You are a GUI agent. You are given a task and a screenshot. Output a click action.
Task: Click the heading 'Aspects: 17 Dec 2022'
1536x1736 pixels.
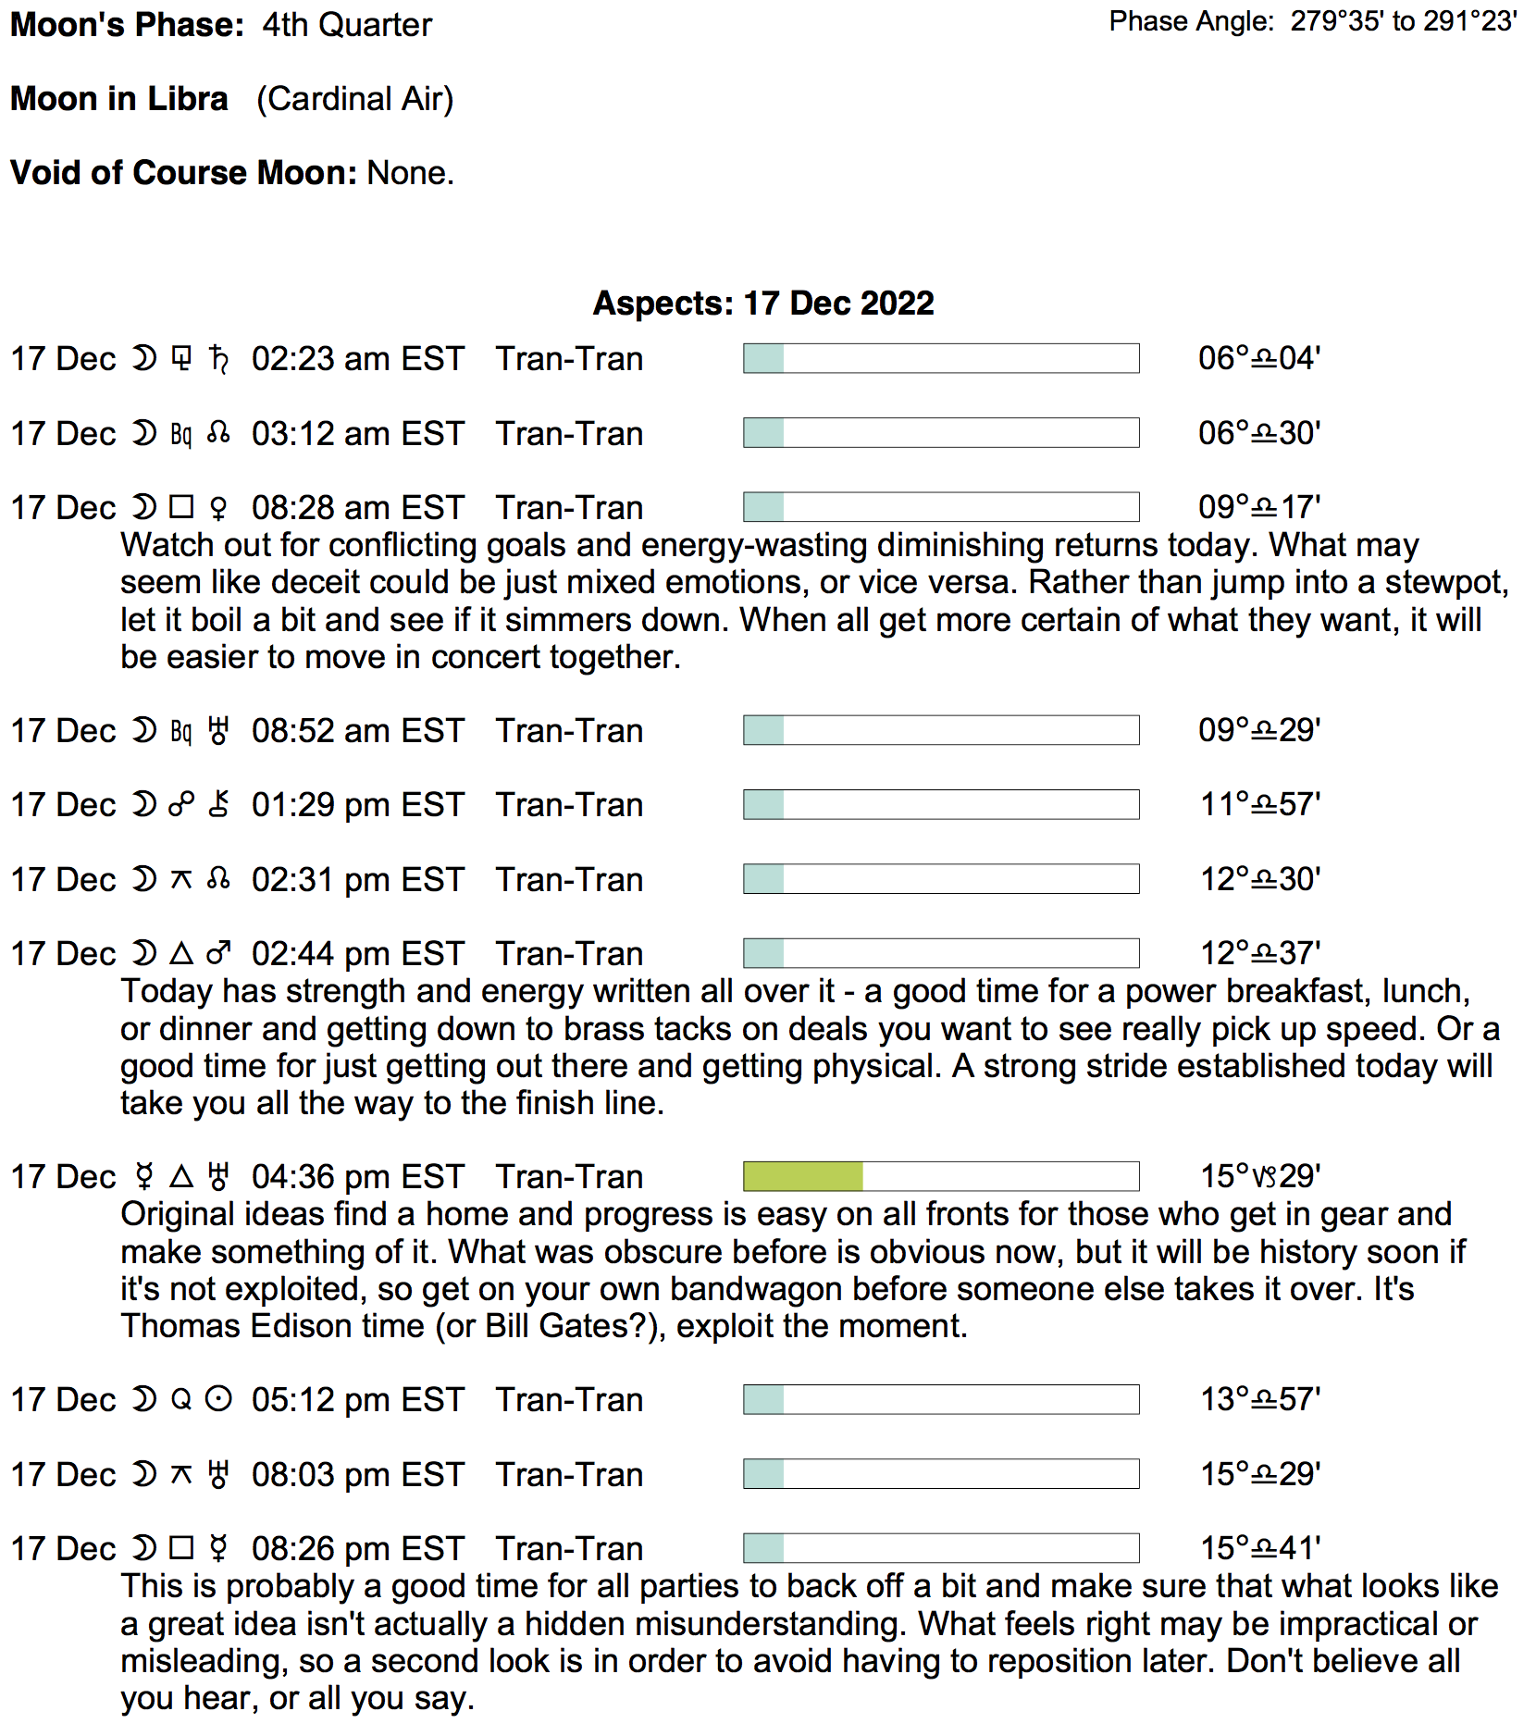[763, 304]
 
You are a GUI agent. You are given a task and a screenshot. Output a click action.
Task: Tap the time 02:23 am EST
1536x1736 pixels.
[357, 359]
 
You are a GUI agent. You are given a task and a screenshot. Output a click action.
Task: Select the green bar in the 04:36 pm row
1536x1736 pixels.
[803, 1176]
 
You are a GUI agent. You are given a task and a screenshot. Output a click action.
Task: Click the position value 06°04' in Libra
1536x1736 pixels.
[1258, 358]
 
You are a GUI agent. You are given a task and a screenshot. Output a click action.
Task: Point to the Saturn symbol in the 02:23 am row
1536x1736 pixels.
[219, 359]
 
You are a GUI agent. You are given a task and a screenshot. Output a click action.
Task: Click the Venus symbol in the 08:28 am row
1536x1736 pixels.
[218, 508]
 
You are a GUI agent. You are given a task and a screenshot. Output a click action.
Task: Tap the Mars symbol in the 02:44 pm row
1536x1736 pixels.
[218, 953]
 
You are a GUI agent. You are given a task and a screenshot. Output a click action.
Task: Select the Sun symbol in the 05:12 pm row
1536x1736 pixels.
[218, 1399]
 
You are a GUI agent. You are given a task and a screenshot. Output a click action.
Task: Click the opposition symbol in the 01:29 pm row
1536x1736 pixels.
[181, 805]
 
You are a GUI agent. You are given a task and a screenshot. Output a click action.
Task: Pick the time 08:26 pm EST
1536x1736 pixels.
[357, 1548]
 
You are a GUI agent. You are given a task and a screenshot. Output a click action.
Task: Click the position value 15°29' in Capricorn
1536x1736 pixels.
[1259, 1176]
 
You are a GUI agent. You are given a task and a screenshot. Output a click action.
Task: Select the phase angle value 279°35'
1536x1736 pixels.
[1337, 21]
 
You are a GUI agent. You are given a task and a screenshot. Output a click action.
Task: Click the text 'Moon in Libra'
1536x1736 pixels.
[119, 99]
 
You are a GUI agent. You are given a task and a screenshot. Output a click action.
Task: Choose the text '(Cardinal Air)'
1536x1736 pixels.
[354, 99]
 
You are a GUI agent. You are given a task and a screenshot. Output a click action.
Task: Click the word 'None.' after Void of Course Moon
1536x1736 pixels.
[410, 173]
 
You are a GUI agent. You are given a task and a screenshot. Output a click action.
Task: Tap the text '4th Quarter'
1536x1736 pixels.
[347, 25]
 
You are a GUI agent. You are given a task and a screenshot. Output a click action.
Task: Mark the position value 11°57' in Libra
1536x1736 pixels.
[1259, 805]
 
